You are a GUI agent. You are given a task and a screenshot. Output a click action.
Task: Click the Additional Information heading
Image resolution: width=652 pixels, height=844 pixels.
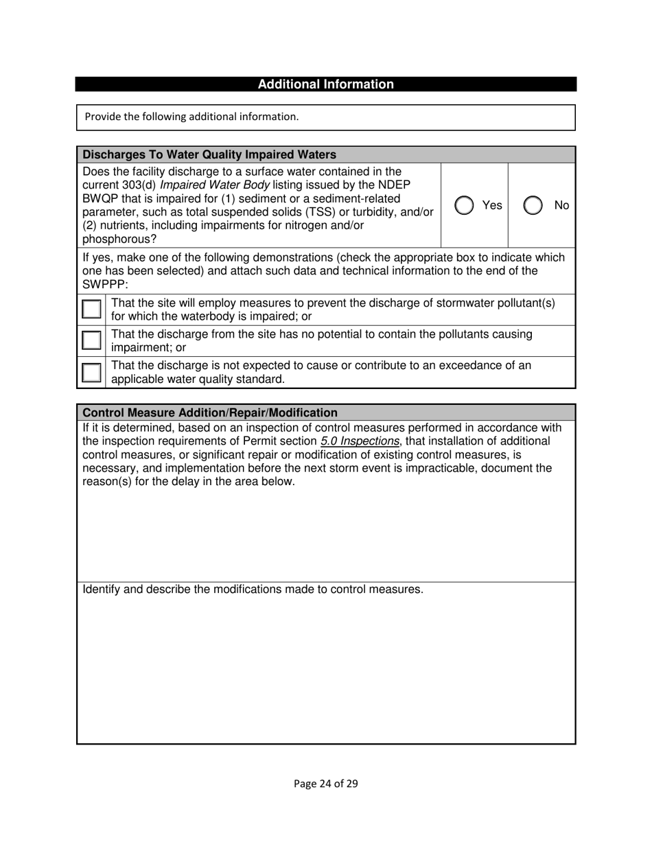point(325,84)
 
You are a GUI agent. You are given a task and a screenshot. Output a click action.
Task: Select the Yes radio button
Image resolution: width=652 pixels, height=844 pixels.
point(465,205)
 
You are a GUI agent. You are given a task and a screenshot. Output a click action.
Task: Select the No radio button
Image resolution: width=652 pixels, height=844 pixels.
point(533,205)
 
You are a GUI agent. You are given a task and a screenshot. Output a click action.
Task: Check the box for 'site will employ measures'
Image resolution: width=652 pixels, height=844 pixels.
point(91,309)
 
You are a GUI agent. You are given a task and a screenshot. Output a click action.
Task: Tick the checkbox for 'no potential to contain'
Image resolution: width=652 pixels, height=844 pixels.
point(91,340)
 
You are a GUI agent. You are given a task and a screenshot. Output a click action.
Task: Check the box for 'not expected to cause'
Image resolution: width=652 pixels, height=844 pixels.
point(91,372)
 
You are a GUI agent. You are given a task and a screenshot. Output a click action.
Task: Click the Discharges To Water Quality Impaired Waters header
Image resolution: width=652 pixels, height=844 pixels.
point(209,155)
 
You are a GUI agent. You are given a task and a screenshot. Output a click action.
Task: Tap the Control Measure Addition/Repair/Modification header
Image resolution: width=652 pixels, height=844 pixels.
point(209,412)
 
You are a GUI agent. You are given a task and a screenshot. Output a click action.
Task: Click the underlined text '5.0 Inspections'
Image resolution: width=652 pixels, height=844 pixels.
point(360,441)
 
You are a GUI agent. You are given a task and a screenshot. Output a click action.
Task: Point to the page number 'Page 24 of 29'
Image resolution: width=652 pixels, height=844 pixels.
point(325,784)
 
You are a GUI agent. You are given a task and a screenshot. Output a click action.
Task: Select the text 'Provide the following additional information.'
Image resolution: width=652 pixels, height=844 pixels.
point(191,117)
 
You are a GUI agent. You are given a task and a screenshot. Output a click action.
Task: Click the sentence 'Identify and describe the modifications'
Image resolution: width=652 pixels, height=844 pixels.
point(253,589)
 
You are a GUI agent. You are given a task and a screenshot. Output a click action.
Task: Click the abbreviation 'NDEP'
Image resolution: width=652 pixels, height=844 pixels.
point(394,185)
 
